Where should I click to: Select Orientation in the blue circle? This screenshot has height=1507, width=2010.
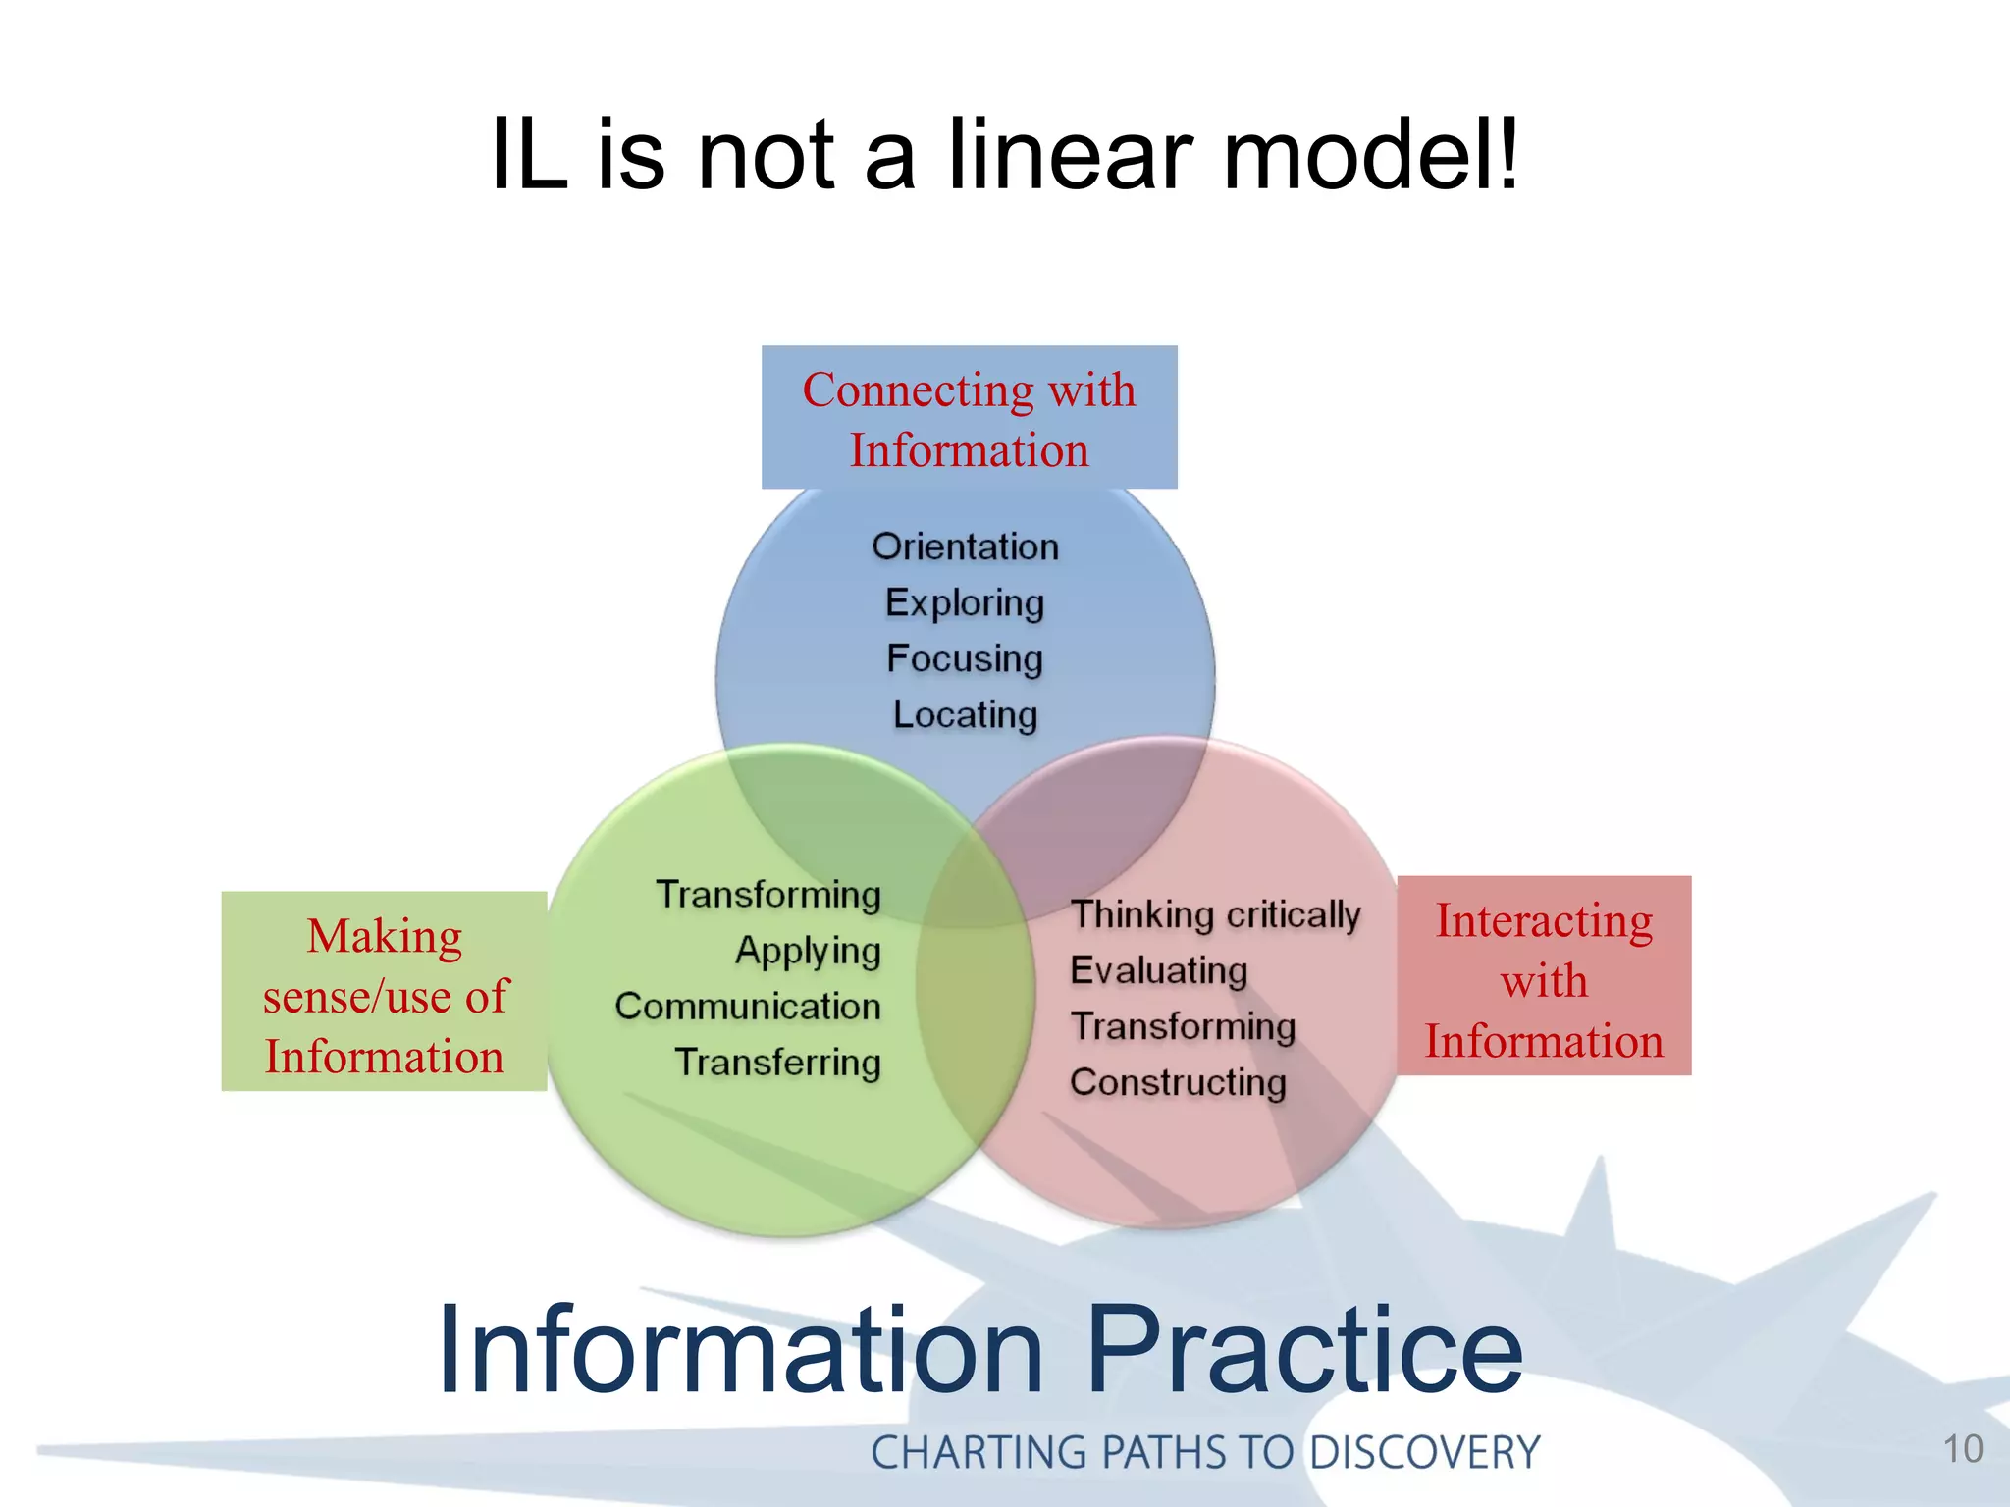point(966,547)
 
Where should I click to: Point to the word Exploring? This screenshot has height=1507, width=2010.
point(965,603)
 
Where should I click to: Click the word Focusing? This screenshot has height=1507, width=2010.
point(965,659)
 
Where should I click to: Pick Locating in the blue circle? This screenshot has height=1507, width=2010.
point(965,715)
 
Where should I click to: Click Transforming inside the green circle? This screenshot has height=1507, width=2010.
point(768,895)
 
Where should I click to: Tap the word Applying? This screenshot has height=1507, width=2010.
point(808,951)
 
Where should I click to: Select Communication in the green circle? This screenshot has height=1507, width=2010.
point(748,1007)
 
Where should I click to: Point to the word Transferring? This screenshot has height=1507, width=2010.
point(777,1063)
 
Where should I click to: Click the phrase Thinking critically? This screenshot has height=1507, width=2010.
point(1215,914)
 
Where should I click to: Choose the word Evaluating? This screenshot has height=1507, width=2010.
point(1158,970)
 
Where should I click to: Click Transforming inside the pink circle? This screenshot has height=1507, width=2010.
point(1183,1026)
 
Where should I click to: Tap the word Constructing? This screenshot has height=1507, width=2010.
point(1178,1082)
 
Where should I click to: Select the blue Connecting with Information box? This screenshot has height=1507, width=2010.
point(969,418)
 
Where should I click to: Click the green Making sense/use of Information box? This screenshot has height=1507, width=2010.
point(384,992)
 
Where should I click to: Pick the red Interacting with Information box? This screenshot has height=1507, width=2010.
point(1544,976)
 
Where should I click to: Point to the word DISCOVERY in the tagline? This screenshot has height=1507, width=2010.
point(1424,1452)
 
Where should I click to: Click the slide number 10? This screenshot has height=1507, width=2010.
point(1963,1449)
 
